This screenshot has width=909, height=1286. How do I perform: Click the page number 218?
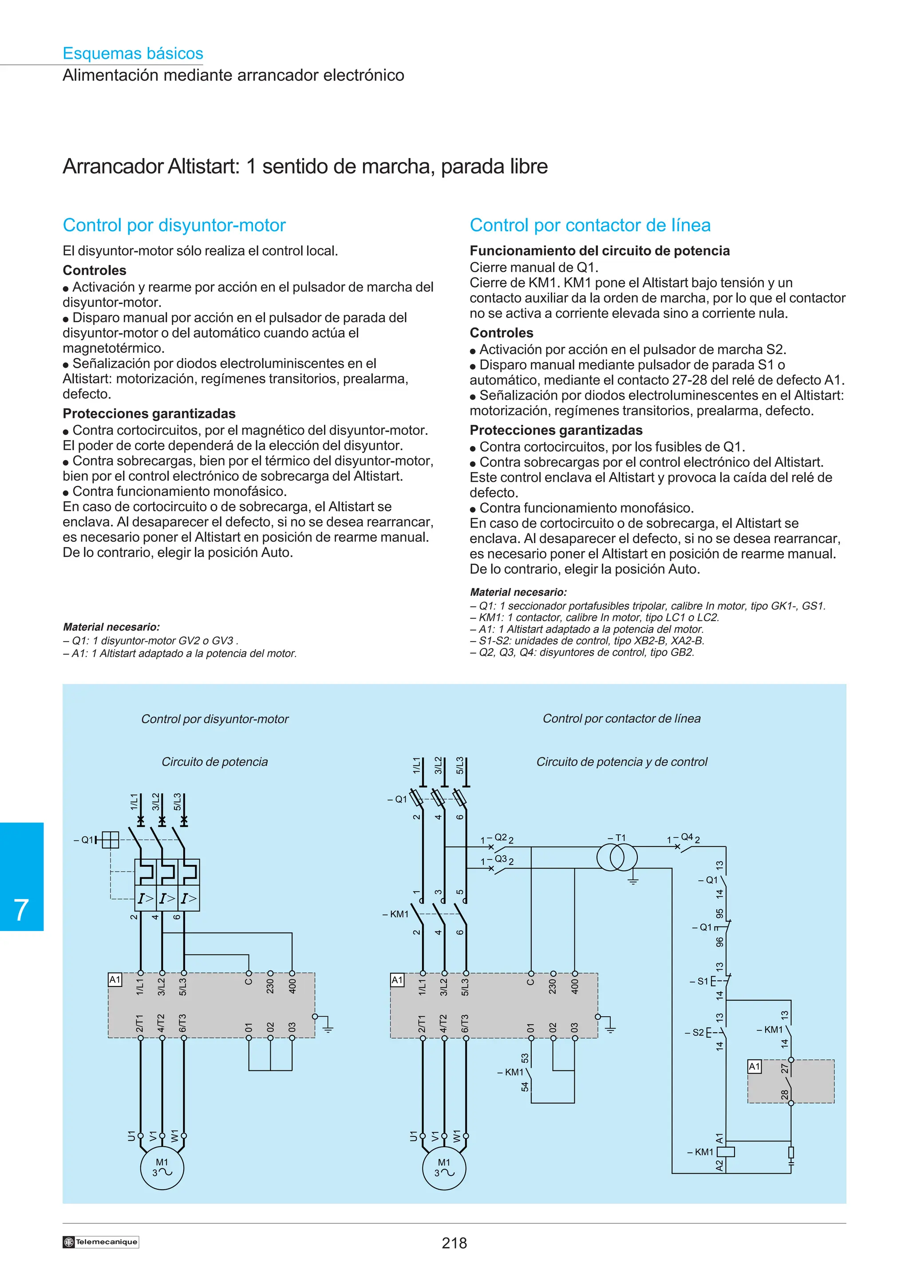click(x=454, y=1243)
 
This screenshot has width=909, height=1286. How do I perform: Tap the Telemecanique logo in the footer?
click(x=101, y=1242)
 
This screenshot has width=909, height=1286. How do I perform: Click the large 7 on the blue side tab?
click(x=21, y=910)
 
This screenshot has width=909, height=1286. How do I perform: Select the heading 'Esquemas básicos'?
click(x=133, y=53)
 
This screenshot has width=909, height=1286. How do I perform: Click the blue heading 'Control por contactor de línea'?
click(x=590, y=225)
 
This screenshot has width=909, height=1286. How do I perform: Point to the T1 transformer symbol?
click(x=617, y=857)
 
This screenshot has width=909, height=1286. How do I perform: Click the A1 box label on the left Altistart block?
click(x=115, y=980)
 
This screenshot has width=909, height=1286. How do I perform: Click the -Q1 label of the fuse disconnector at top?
click(x=398, y=799)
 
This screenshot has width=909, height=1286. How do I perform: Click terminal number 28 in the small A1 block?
click(x=785, y=1094)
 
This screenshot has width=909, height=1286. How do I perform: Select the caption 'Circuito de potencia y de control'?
click(x=622, y=762)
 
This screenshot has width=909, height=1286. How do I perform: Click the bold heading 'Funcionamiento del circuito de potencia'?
click(x=599, y=251)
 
